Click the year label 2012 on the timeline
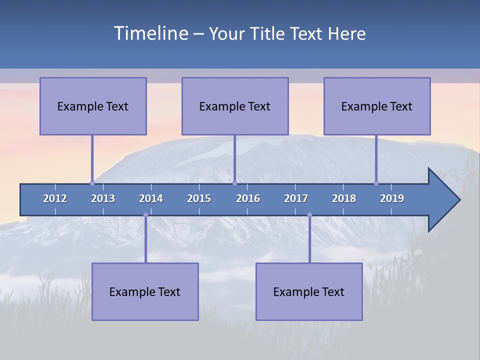point(55,198)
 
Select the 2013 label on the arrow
point(103,198)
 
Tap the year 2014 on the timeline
point(151,198)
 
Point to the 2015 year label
point(199,198)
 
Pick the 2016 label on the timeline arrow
point(248,198)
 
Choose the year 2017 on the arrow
point(296,198)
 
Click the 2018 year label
point(344,198)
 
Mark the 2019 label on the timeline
point(392,198)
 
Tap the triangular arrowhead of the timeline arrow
point(443,200)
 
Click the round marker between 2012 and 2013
point(92,183)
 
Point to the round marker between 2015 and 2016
point(234,183)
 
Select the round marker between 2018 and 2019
point(376,183)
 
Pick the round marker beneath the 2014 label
point(145,215)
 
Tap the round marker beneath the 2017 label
point(309,215)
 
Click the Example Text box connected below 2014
point(145,292)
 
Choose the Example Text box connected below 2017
point(309,292)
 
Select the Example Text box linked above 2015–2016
point(235,106)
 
